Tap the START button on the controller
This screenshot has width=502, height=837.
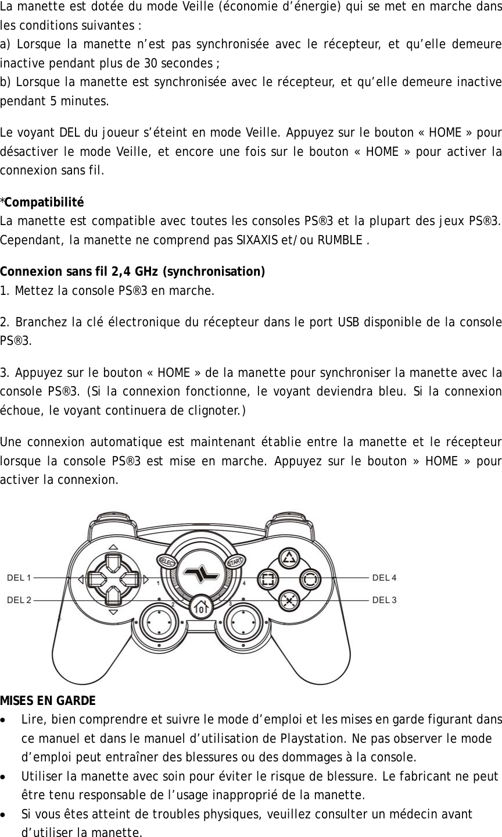pos(235,561)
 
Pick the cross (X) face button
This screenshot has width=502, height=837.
pos(289,600)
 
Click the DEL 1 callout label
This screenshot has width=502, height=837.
pos(19,578)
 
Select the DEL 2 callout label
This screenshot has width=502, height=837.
pos(19,600)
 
